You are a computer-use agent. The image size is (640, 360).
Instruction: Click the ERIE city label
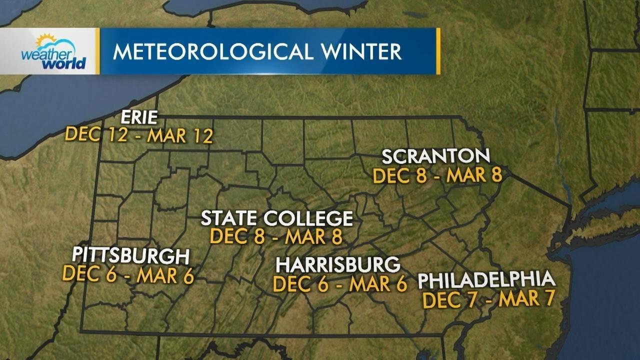click(139, 117)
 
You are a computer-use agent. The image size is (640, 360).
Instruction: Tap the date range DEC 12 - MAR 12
click(139, 135)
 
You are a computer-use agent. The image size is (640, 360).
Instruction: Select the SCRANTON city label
click(435, 156)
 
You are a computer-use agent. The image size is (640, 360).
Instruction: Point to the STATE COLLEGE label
click(277, 218)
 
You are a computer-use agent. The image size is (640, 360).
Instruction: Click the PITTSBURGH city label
click(130, 255)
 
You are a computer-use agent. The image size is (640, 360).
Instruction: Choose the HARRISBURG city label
click(338, 264)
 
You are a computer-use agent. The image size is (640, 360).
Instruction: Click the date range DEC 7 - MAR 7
click(488, 299)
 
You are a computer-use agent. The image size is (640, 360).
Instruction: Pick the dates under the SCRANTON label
click(437, 175)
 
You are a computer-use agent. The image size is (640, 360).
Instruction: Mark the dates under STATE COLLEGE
click(276, 236)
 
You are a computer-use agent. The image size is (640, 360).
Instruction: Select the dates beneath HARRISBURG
click(340, 284)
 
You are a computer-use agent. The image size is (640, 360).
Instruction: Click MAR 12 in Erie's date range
click(180, 135)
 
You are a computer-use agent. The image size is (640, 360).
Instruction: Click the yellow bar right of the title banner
click(438, 51)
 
